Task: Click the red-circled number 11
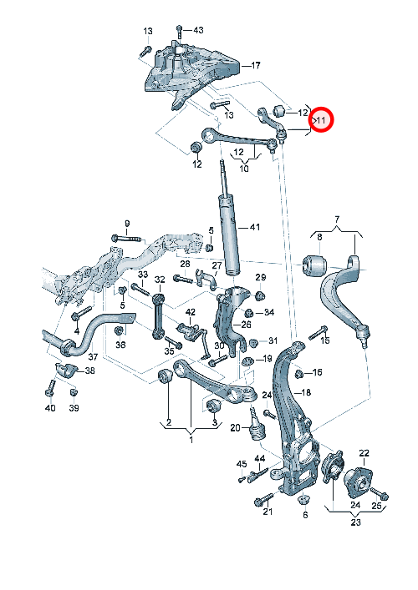321,120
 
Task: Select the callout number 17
256,65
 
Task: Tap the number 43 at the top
198,30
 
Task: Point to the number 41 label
255,227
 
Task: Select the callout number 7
337,219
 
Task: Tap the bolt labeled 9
126,239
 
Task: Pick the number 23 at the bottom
355,522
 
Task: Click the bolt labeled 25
380,493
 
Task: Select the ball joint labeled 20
257,424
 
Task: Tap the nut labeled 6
303,500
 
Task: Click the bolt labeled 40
50,388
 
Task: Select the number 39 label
74,408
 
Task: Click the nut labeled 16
299,374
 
